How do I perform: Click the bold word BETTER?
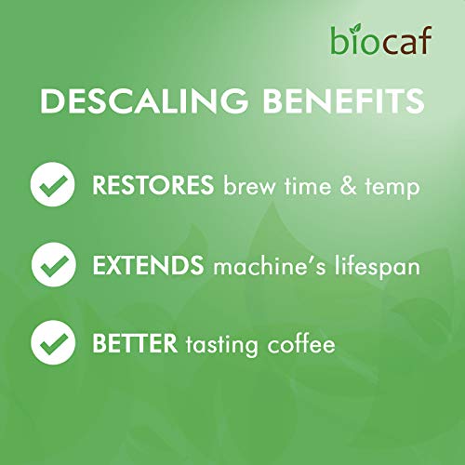(x=132, y=345)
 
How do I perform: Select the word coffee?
(x=302, y=345)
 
